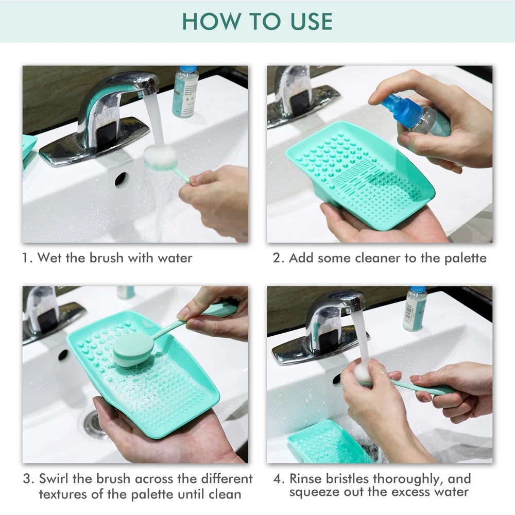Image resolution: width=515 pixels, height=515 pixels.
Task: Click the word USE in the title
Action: pyautogui.click(x=312, y=21)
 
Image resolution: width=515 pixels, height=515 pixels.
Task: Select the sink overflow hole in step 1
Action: pyautogui.click(x=121, y=179)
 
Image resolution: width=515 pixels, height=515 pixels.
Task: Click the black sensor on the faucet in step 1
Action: pyautogui.click(x=106, y=133)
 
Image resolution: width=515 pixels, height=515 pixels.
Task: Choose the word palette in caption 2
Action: pyautogui.click(x=465, y=259)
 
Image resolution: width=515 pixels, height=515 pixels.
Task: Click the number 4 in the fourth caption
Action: pyautogui.click(x=278, y=479)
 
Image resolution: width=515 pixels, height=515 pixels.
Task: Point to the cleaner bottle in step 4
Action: pyautogui.click(x=415, y=308)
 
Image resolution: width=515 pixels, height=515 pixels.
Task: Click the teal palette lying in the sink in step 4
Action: pyautogui.click(x=329, y=442)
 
